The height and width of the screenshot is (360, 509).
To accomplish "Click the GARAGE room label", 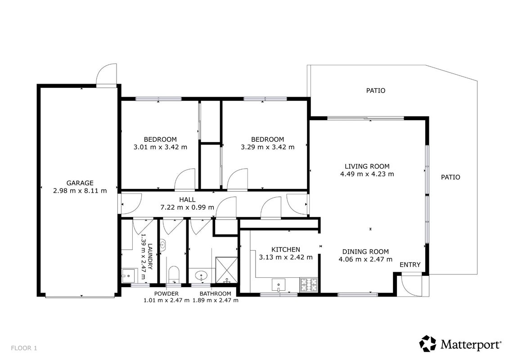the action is click(80, 183).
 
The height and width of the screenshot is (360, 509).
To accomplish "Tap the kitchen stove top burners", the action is click(308, 285).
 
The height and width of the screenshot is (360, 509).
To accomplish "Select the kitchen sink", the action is click(279, 285).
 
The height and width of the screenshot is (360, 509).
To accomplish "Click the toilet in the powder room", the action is click(174, 274).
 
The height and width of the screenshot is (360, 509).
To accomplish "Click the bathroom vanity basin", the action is click(202, 276).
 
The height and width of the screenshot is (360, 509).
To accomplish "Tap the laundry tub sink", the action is click(129, 276).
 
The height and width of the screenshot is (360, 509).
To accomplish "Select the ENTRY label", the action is click(410, 265).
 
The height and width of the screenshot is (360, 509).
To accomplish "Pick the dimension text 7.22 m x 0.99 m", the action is click(187, 207).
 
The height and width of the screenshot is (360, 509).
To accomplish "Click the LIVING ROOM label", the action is click(367, 166).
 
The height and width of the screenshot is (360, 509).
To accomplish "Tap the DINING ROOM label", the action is click(365, 252).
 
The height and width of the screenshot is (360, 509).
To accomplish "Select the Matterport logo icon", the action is click(428, 344).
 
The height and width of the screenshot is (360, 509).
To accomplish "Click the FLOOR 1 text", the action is click(24, 348).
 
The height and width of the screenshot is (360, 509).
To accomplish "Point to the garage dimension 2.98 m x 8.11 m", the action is click(80, 191).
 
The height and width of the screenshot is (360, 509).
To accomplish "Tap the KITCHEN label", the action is click(286, 250).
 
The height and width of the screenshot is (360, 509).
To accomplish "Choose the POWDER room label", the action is click(166, 294).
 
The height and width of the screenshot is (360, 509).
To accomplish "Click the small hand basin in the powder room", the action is click(163, 246).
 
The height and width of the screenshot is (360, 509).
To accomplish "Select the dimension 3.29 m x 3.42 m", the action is click(267, 147).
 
